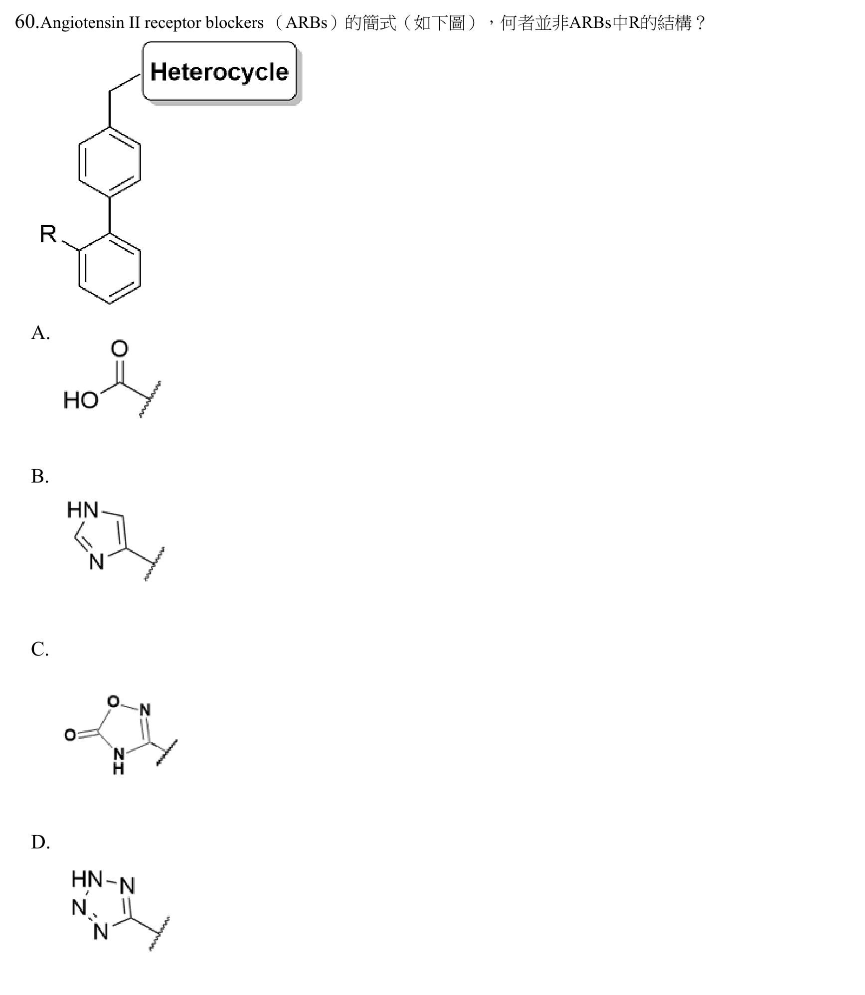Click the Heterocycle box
pos(220,71)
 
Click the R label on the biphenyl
pos(48,233)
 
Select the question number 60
pos(25,22)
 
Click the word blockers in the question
pos(234,23)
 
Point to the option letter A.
pos(40,332)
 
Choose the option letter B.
pos(39,476)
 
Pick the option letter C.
pos(39,649)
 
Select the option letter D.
pos(40,842)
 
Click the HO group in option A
pos(81,400)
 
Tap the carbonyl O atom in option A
pos(119,348)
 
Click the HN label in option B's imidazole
pos(83,510)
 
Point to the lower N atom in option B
pos(96,562)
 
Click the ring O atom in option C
pos(114,702)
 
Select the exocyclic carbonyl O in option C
pos(70,735)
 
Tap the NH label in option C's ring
pos(119,761)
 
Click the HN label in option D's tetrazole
pos(87,878)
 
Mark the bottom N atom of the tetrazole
pos(101,931)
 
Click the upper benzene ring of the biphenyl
pos(110,162)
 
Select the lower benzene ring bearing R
pos(110,268)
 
